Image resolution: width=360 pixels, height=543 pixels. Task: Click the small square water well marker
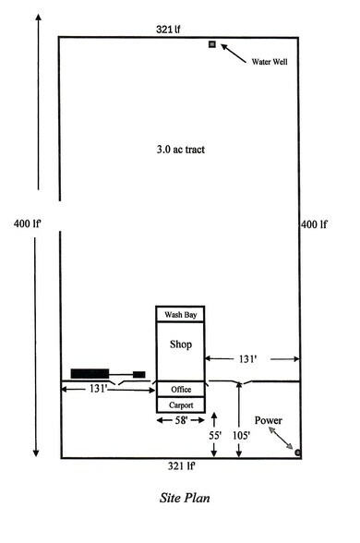(212, 44)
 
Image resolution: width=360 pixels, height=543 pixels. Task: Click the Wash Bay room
(180, 315)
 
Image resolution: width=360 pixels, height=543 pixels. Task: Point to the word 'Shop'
(180, 344)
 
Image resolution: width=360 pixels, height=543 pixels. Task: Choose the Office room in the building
(180, 389)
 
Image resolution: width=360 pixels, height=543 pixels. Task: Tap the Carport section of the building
(180, 404)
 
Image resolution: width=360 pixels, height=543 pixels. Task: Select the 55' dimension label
(214, 433)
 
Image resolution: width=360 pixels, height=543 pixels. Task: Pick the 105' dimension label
(242, 433)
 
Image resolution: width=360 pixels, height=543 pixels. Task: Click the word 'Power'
(269, 420)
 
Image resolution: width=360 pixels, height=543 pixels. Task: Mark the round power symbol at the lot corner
(297, 452)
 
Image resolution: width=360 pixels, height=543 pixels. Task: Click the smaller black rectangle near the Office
(139, 373)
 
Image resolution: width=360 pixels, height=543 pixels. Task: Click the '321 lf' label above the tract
(167, 30)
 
